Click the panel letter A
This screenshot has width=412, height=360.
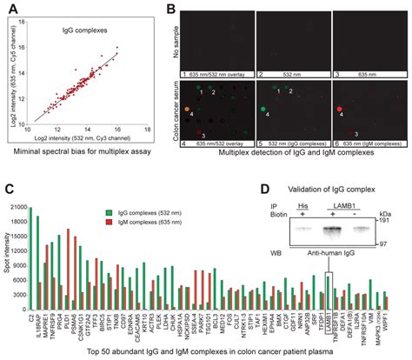coord(10,10)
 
